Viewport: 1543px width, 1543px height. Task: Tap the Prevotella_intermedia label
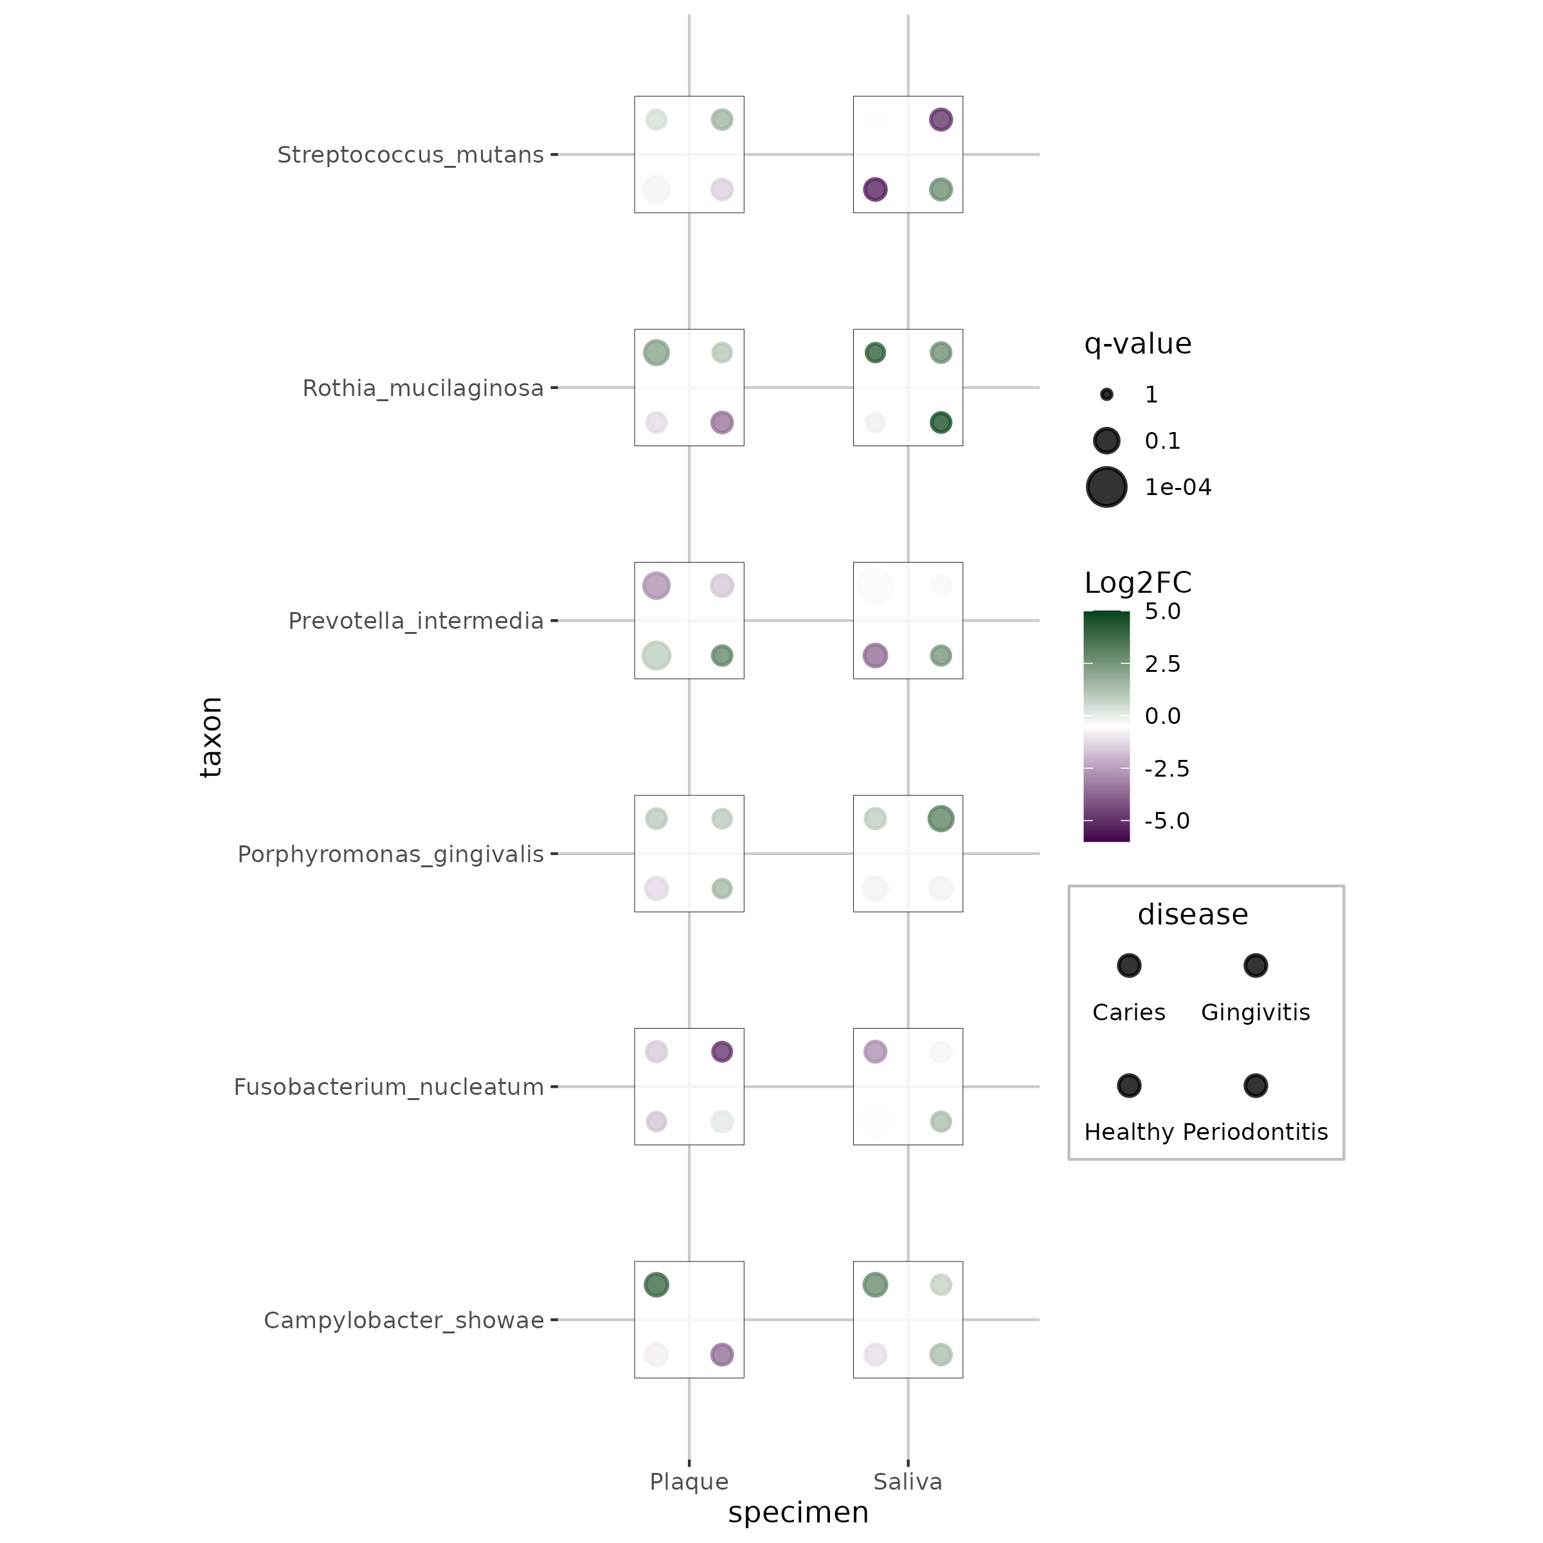(x=415, y=621)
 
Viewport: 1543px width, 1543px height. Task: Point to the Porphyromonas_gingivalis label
(x=390, y=854)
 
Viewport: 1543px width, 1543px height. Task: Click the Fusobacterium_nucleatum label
(x=388, y=1088)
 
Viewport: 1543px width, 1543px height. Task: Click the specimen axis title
(x=798, y=1513)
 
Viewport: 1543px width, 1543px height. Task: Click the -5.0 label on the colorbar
(x=1166, y=821)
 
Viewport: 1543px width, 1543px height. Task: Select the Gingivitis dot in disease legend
(x=1256, y=966)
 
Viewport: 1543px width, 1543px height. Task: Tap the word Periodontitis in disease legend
(x=1255, y=1132)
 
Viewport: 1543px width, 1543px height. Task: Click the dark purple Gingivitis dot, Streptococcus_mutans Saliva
(x=941, y=120)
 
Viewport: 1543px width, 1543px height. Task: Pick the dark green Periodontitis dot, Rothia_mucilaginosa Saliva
(x=941, y=422)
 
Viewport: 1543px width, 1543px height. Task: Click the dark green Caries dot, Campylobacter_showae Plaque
(x=656, y=1285)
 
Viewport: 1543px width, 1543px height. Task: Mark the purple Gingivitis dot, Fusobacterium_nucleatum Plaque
(x=722, y=1052)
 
